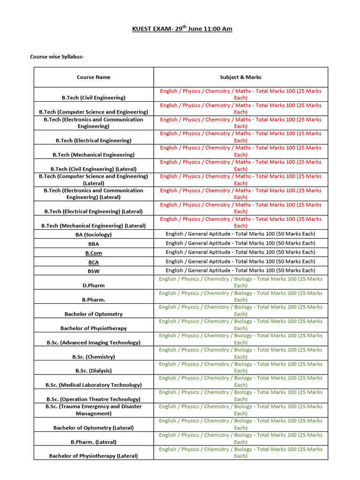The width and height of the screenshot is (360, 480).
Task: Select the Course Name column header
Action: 94,77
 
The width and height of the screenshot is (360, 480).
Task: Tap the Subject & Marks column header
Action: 240,77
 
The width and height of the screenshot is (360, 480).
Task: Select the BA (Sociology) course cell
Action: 94,234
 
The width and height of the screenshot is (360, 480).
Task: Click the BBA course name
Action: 94,244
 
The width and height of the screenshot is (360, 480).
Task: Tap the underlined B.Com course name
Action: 94,253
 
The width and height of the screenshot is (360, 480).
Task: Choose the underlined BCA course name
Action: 94,262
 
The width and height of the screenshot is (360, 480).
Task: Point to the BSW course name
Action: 94,271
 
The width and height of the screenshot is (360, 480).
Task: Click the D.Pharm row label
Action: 94,285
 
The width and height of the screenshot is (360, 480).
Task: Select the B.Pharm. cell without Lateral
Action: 94,300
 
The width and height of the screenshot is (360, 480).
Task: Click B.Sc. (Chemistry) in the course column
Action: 94,357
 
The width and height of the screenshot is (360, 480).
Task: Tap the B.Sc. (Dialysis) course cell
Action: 94,371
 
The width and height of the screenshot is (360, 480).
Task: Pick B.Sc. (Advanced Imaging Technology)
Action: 94,343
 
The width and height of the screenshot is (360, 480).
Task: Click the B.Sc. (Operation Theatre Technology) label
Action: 94,399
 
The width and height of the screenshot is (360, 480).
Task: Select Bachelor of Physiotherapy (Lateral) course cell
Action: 94,456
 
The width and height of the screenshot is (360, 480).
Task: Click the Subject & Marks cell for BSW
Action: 240,270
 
